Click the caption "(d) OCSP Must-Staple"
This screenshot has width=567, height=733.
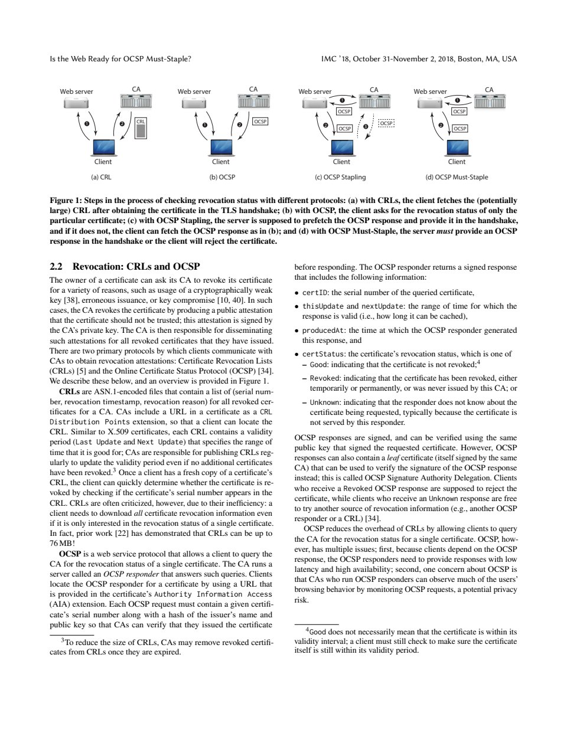click(457, 177)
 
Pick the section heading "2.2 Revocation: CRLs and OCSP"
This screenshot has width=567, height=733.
click(125, 266)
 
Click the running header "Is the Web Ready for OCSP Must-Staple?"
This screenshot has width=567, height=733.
click(120, 59)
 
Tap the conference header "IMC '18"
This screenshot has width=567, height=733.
click(334, 59)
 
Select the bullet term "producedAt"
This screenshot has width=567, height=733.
click(321, 330)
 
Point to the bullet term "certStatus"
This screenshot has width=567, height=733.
click(321, 354)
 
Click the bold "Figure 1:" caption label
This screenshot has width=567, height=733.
click(67, 201)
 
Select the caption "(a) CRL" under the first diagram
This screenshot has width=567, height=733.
click(101, 177)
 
